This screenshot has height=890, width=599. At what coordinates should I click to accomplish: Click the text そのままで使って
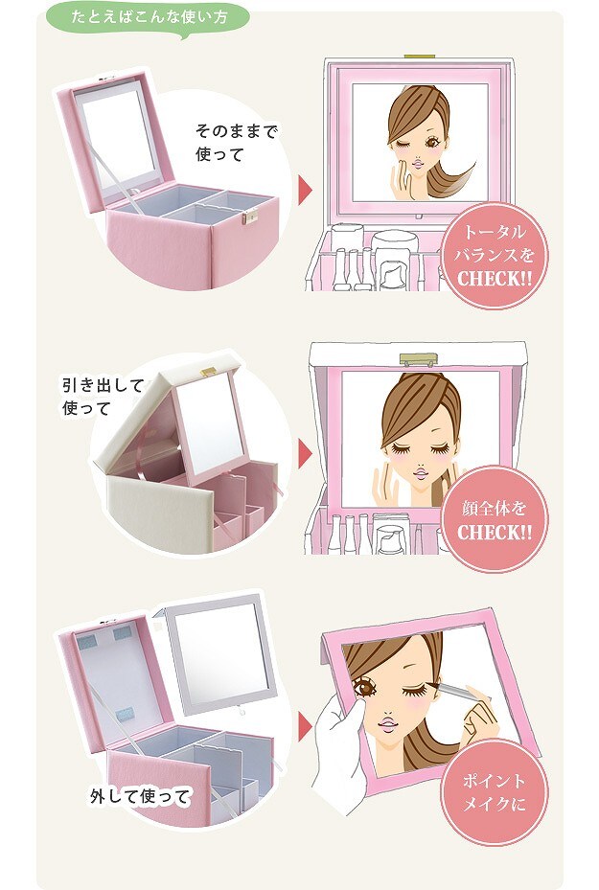click(x=236, y=143)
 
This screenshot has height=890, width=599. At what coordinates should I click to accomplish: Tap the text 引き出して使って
click(x=103, y=397)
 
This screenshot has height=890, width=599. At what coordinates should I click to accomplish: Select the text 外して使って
click(x=140, y=797)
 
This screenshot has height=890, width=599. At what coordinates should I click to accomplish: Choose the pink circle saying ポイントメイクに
click(x=494, y=792)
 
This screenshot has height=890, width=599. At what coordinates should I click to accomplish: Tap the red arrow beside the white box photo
click(x=306, y=452)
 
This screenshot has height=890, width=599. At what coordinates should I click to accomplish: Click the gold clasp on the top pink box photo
click(x=250, y=217)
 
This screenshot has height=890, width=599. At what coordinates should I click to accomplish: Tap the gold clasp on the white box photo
click(x=208, y=372)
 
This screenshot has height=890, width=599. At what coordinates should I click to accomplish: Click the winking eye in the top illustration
click(x=404, y=145)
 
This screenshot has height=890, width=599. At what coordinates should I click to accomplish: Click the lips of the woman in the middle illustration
click(x=422, y=471)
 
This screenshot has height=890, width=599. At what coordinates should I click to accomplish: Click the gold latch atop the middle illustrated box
click(x=420, y=360)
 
